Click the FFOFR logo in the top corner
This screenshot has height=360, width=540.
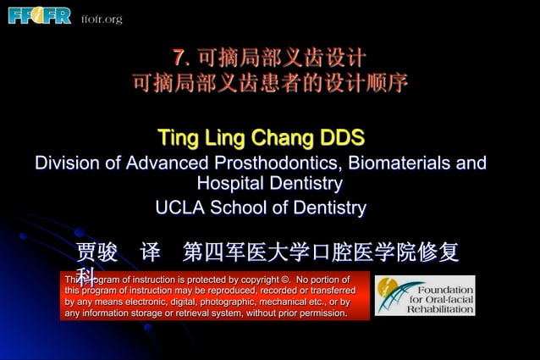pyautogui.click(x=39, y=15)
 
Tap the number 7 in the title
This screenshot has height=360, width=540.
pyautogui.click(x=178, y=58)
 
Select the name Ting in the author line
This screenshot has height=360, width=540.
pyautogui.click(x=178, y=138)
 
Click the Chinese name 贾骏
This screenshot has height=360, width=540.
pyautogui.click(x=96, y=252)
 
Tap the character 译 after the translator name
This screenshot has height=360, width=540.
pyautogui.click(x=151, y=252)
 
